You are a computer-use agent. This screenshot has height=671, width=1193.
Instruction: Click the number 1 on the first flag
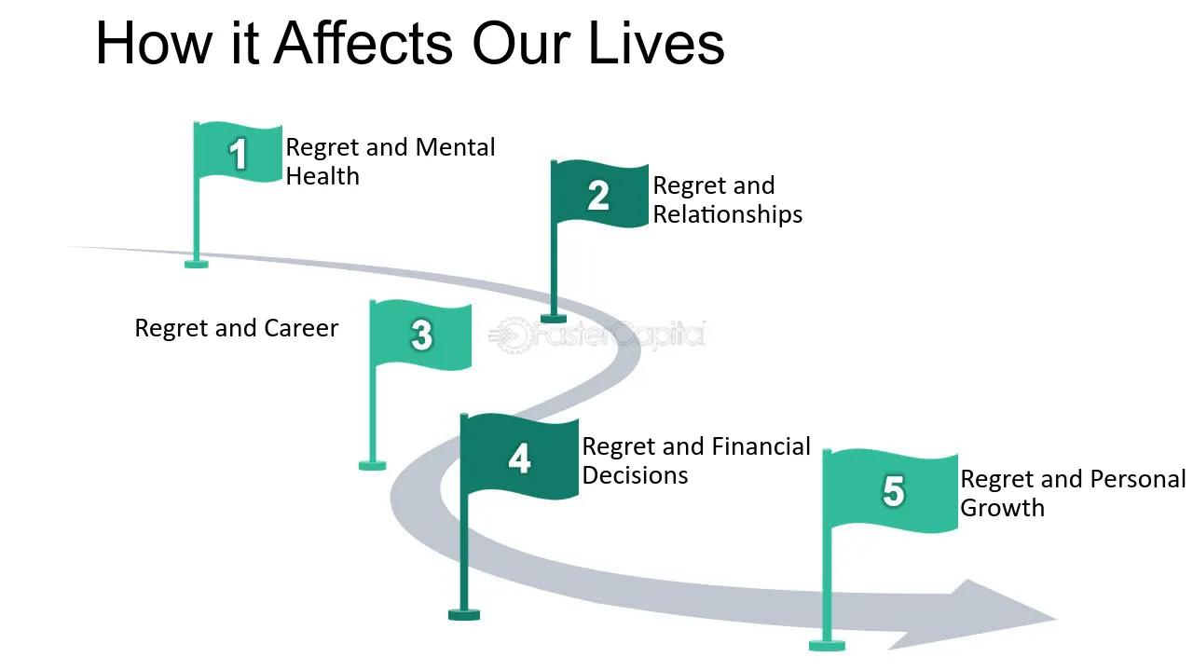click(239, 154)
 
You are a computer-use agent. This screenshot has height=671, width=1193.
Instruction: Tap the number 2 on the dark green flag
click(598, 196)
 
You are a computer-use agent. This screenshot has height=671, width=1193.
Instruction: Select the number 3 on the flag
click(421, 335)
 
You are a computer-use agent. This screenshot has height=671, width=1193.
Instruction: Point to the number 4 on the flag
click(519, 459)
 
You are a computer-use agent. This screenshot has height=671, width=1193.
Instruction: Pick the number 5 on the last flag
click(893, 490)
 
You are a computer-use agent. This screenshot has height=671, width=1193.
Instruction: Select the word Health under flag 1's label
click(322, 176)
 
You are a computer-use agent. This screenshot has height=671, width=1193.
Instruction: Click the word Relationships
click(727, 214)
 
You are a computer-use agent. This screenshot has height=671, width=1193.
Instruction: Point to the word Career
click(301, 328)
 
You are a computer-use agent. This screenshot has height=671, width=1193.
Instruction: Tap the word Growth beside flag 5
click(1002, 508)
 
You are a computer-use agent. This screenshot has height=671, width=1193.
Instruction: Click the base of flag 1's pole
click(197, 264)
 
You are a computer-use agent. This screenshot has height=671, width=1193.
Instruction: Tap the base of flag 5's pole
click(827, 645)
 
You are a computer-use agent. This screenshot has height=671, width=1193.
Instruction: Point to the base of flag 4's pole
click(464, 614)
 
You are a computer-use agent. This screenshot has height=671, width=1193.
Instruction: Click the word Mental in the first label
click(455, 147)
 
